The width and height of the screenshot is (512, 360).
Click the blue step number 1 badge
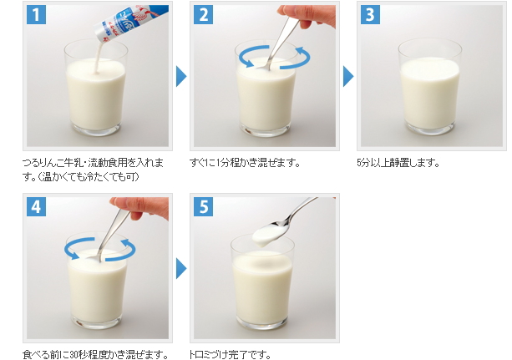click(36, 15)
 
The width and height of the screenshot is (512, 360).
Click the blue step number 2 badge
click(204, 15)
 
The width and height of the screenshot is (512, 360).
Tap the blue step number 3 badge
click(370, 15)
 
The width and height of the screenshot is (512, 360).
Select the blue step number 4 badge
click(36, 207)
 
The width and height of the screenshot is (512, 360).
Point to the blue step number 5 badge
click(204, 207)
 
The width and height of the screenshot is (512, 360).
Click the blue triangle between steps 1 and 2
click(181, 77)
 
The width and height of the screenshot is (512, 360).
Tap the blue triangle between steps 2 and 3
click(348, 77)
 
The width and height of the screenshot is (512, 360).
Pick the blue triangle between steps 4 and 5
click(181, 268)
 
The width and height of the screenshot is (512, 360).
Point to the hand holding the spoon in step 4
click(141, 208)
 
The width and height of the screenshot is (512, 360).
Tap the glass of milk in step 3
click(430, 87)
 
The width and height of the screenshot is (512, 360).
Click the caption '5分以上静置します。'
click(398, 162)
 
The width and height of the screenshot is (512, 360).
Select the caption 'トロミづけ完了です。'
click(230, 354)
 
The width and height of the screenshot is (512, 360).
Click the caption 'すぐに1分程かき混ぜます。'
click(245, 162)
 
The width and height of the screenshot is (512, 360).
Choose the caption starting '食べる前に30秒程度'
click(95, 354)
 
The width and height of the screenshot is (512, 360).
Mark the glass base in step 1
click(96, 129)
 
